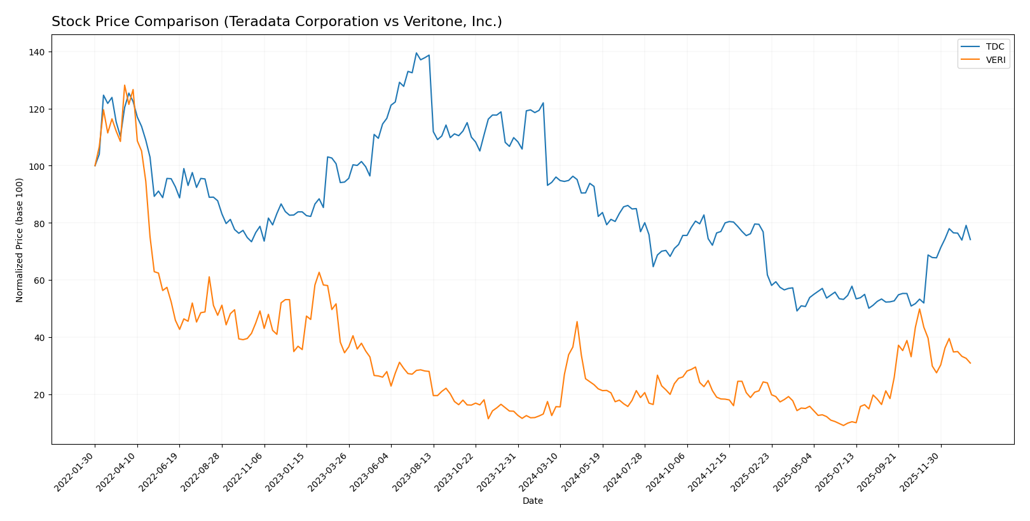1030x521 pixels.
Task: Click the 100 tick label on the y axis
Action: pyautogui.click(x=38, y=166)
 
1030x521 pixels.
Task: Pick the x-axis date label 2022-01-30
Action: pyautogui.click(x=75, y=471)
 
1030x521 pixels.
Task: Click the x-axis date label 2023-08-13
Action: pyautogui.click(x=413, y=471)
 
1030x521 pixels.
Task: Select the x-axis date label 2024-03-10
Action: pyautogui.click(x=540, y=471)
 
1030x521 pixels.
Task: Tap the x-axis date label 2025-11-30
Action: pyautogui.click(x=921, y=471)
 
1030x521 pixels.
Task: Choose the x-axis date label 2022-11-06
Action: pyautogui.click(x=244, y=471)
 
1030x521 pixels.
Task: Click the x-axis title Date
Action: pyautogui.click(x=532, y=501)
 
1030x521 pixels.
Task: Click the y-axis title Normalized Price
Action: pyautogui.click(x=20, y=240)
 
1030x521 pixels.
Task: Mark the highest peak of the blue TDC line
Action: pyautogui.click(x=416, y=53)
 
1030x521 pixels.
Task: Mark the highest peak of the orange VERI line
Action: pyautogui.click(x=125, y=85)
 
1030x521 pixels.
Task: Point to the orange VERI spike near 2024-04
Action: pyautogui.click(x=577, y=321)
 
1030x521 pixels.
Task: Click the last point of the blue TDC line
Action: pyautogui.click(x=970, y=240)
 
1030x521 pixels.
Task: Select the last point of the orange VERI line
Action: pyautogui.click(x=970, y=363)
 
